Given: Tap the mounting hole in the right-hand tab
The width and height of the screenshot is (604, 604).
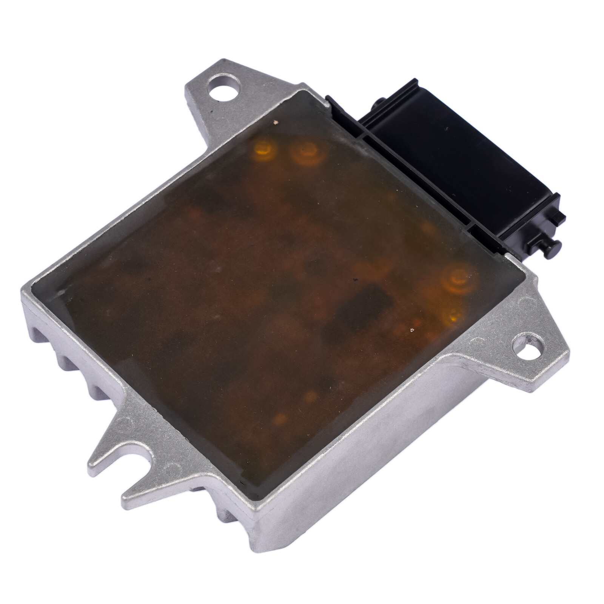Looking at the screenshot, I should (530, 347).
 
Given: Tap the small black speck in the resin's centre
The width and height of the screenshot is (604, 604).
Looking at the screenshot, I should (354, 280).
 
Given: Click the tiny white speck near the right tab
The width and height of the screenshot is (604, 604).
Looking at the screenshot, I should (411, 330).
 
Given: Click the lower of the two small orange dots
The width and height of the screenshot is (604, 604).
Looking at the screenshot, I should (280, 418).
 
